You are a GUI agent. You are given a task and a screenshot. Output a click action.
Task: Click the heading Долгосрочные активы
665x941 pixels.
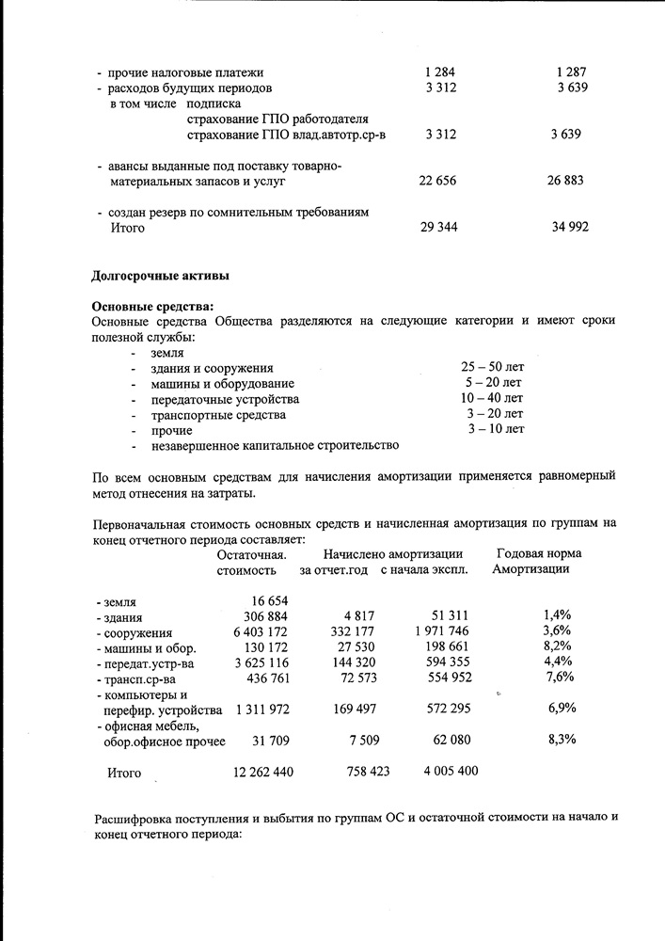[x=160, y=276]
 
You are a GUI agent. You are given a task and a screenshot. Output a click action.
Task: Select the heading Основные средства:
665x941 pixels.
[x=152, y=306]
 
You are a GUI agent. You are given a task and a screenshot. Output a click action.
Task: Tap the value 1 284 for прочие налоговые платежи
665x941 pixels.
[x=440, y=72]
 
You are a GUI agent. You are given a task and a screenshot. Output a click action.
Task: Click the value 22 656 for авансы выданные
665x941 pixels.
[x=437, y=181]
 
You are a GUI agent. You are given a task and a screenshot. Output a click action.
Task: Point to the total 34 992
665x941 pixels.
[x=570, y=228]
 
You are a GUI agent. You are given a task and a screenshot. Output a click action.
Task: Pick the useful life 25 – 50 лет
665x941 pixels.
[x=493, y=367]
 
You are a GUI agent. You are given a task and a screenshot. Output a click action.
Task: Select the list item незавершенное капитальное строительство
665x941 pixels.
[x=275, y=445]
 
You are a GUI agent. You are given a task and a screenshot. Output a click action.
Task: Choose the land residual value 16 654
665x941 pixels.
[x=268, y=600]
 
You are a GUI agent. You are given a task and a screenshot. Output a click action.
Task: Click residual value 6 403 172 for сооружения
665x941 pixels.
[x=253, y=631]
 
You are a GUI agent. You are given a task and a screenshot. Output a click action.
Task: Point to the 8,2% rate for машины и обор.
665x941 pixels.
[x=558, y=646]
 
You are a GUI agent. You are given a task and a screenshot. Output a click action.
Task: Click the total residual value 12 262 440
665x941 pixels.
[x=263, y=772]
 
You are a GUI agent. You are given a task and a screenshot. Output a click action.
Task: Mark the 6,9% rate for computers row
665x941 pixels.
[x=562, y=708]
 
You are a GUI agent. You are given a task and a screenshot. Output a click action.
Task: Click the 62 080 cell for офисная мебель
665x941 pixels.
[x=451, y=740]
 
